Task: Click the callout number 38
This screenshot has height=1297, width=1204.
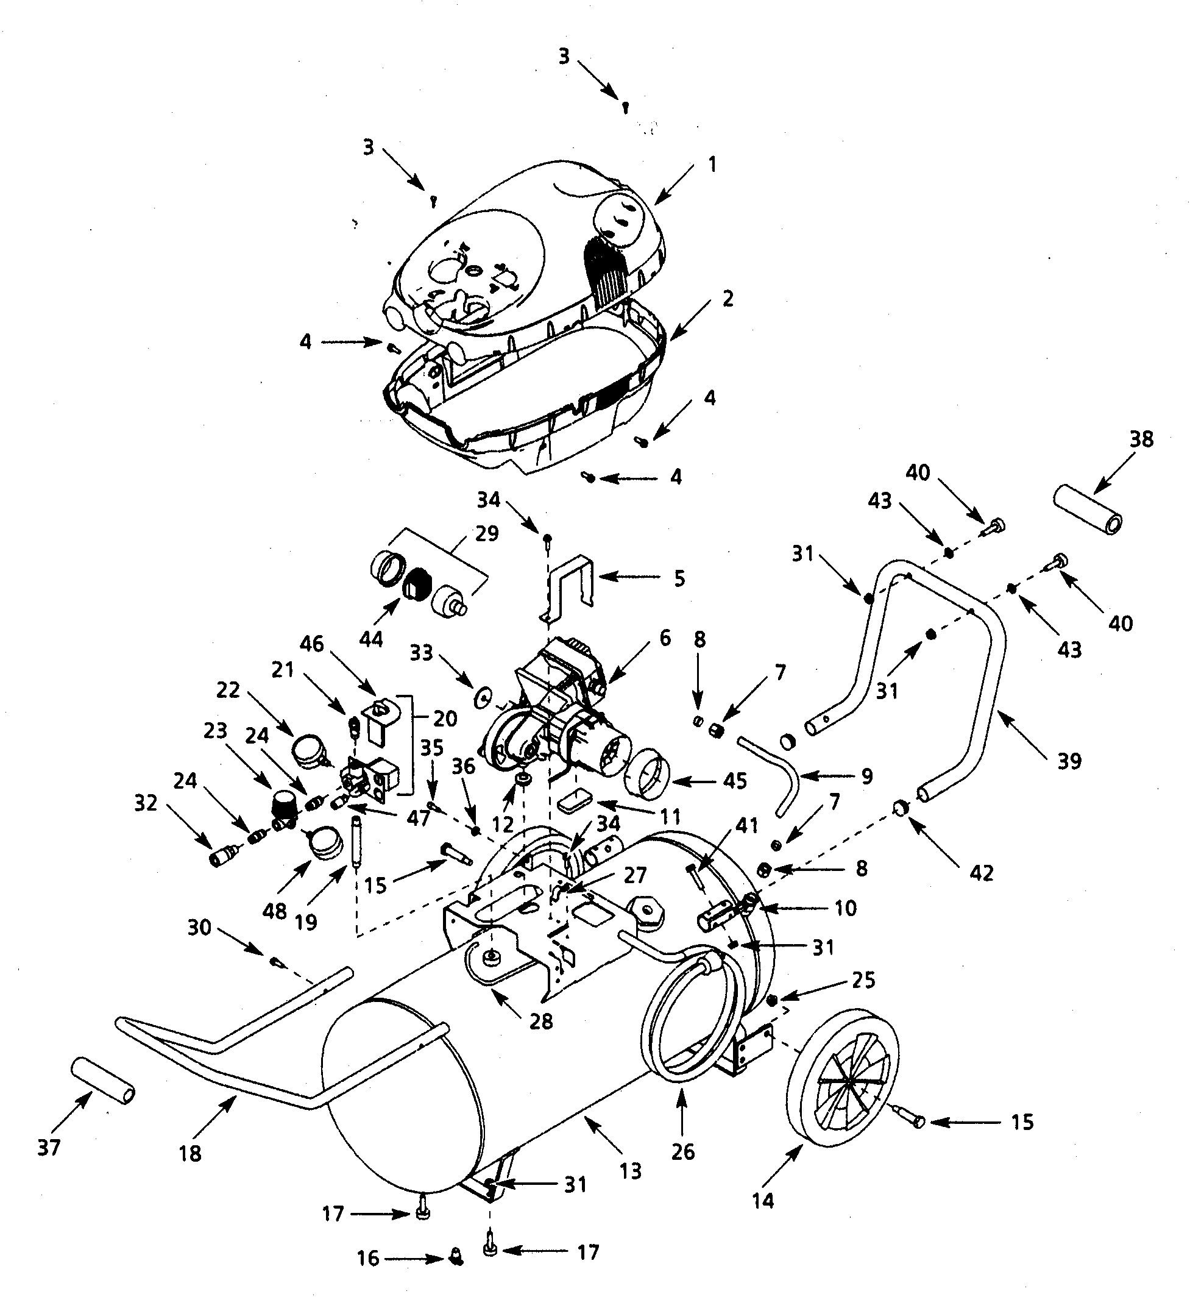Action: click(1141, 439)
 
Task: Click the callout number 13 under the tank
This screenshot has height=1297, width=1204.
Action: click(631, 1171)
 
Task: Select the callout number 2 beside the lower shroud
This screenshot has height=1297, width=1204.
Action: click(728, 299)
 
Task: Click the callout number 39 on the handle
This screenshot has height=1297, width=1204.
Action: click(1069, 761)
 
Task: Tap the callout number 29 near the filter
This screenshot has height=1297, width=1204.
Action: click(487, 533)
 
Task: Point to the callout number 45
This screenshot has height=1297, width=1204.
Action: click(735, 781)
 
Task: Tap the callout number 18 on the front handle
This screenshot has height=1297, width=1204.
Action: click(189, 1153)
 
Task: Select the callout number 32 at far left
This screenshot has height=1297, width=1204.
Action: click(146, 804)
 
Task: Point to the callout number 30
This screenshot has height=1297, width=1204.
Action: click(199, 927)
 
